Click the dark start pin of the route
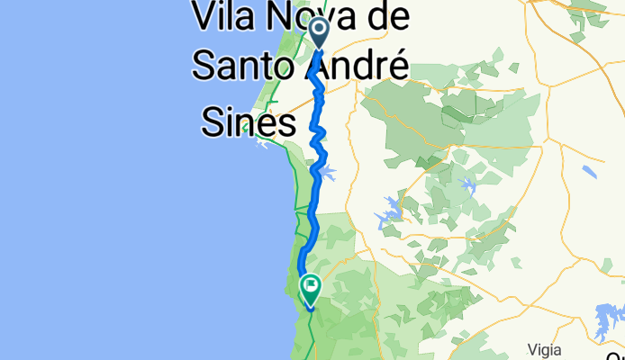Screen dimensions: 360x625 point(320,31)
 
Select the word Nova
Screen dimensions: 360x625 point(312,17)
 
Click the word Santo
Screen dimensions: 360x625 point(244,63)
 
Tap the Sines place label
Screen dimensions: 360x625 point(248,122)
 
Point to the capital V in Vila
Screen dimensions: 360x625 point(204,17)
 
